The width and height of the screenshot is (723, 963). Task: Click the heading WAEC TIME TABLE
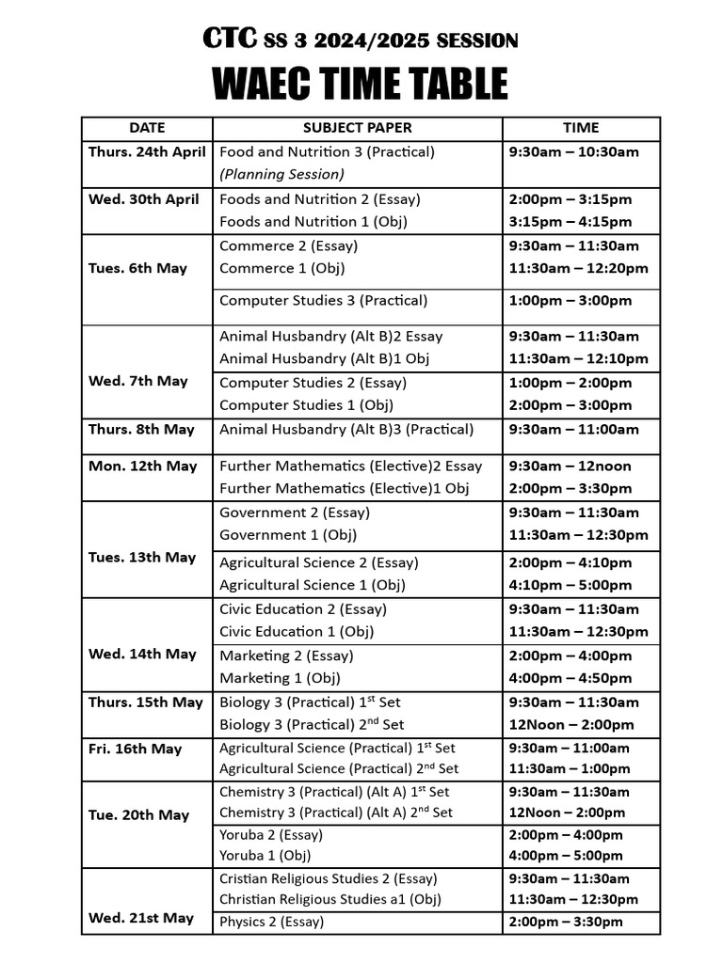(x=361, y=84)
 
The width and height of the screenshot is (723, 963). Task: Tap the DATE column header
(x=147, y=128)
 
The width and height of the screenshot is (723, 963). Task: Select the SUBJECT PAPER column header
(x=357, y=128)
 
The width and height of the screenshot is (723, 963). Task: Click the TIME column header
(x=581, y=128)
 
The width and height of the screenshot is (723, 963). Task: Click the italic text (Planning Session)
(x=281, y=174)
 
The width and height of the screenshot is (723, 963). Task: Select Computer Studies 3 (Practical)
(x=323, y=301)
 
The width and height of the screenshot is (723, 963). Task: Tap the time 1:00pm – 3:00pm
(x=570, y=301)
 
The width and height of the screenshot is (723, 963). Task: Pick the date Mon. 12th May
(x=143, y=466)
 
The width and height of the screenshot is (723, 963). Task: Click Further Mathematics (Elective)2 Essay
(x=350, y=466)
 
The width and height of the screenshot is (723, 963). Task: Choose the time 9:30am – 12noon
(x=570, y=466)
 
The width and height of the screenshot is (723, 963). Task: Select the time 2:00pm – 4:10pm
(x=570, y=563)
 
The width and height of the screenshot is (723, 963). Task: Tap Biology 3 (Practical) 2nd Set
(x=312, y=725)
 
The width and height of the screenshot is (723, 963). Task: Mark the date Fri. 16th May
(x=136, y=750)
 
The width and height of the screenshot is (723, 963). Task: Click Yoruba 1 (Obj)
(x=265, y=856)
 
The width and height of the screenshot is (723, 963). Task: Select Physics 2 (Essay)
(x=271, y=923)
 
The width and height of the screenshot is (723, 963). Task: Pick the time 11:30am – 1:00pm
(x=570, y=768)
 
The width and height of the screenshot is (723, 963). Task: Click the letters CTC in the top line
(x=226, y=39)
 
